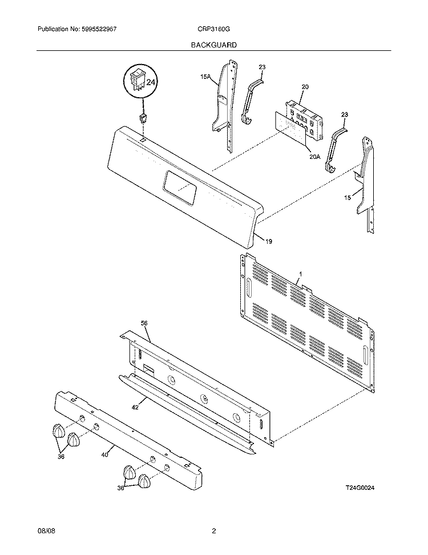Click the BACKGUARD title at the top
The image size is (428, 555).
coord(214,44)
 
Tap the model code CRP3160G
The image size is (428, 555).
coord(215,29)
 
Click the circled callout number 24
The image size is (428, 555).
coord(151,83)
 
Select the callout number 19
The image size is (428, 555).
coord(268,241)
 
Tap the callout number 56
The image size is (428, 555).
coord(144,324)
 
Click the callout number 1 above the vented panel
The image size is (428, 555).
coord(300,274)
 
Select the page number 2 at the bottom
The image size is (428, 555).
coord(213,532)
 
